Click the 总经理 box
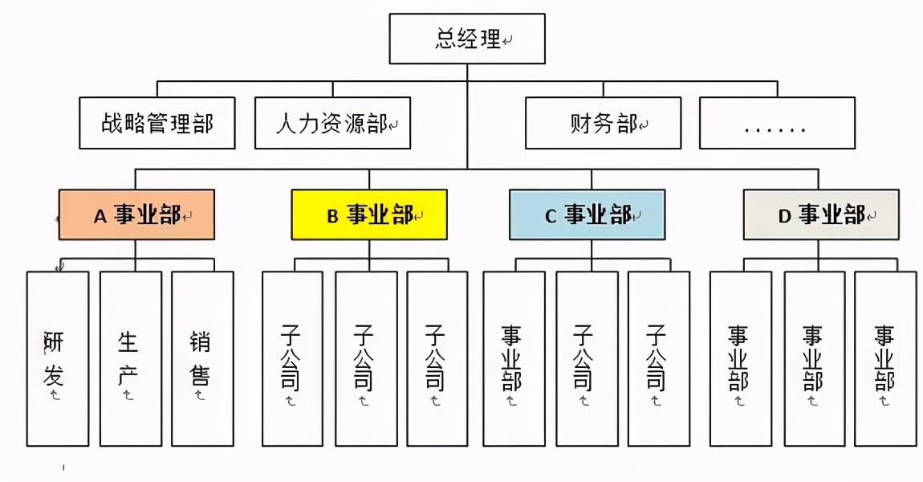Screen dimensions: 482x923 [467, 39]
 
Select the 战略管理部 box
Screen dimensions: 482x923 [157, 123]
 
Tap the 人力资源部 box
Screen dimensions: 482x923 [332, 123]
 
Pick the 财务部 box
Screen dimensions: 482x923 [603, 123]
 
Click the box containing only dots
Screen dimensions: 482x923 [777, 123]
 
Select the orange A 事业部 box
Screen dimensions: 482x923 [136, 214]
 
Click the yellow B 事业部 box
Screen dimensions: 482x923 [369, 214]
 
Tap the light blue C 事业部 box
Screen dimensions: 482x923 [587, 214]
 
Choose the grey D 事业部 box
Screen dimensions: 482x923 [820, 214]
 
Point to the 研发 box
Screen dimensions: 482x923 [58, 358]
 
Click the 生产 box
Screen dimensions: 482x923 [130, 358]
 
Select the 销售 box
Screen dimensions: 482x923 [202, 358]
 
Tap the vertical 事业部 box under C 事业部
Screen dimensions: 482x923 [514, 358]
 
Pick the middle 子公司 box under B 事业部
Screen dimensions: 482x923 [366, 358]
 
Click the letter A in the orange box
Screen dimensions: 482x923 [100, 216]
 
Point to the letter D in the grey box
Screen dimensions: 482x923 [785, 216]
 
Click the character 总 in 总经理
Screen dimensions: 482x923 [446, 39]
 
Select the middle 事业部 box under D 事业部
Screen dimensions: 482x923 [814, 358]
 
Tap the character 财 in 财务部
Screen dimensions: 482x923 [580, 124]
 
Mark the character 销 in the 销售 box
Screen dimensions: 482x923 [201, 343]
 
